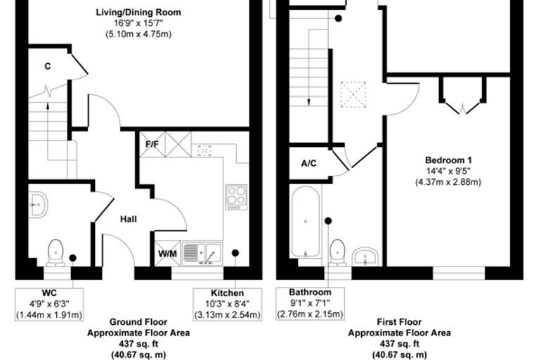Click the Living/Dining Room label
click(138, 13)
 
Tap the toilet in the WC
click(56, 252)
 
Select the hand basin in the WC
click(38, 205)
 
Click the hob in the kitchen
click(236, 197)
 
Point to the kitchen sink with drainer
click(202, 254)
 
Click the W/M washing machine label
click(167, 254)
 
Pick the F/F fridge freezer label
click(152, 144)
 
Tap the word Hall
click(129, 219)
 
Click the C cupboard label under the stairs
click(48, 66)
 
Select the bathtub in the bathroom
click(306, 221)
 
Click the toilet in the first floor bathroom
click(337, 252)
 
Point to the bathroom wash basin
click(365, 257)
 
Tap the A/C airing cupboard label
click(308, 164)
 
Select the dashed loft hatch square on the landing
click(353, 94)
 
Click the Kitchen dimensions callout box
click(228, 304)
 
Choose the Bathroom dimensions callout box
click(311, 304)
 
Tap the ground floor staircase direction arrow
click(48, 131)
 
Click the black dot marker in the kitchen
click(235, 253)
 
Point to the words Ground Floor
click(138, 322)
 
